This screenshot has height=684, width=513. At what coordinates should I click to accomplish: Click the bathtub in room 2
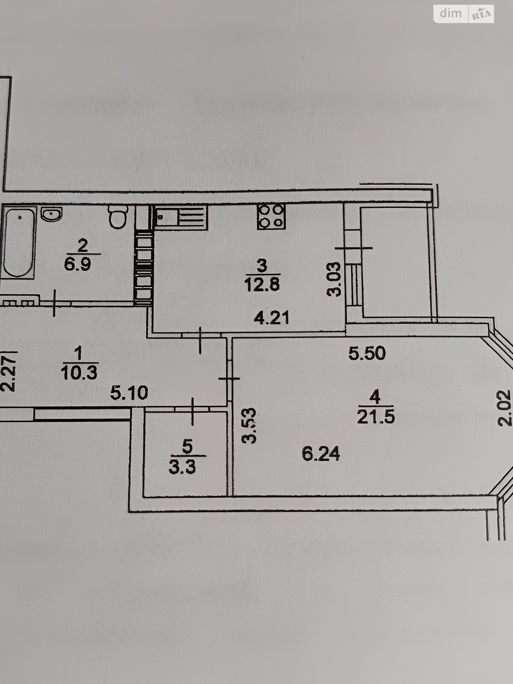(18, 242)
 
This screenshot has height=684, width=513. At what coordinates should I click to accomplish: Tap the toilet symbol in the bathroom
(118, 216)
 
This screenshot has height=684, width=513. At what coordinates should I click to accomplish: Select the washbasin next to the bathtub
(52, 214)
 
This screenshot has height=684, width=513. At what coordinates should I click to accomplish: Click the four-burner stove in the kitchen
(271, 216)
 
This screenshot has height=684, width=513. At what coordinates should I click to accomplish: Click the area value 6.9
(77, 265)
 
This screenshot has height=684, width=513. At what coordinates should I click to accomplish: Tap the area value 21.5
(376, 417)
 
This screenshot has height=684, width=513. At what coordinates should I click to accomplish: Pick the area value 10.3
(80, 373)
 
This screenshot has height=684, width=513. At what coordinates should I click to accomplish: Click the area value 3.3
(182, 467)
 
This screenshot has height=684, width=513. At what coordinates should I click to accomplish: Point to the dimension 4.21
(271, 318)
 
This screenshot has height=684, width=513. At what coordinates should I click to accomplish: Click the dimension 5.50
(367, 354)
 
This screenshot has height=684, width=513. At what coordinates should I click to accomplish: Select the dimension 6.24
(321, 454)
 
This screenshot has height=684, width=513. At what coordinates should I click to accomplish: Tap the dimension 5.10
(129, 393)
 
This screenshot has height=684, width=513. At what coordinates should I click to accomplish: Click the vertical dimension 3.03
(334, 279)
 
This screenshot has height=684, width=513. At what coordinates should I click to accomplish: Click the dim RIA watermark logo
(463, 14)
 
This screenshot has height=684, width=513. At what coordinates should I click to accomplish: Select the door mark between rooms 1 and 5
(192, 411)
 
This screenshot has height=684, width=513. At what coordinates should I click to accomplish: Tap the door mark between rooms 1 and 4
(229, 378)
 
